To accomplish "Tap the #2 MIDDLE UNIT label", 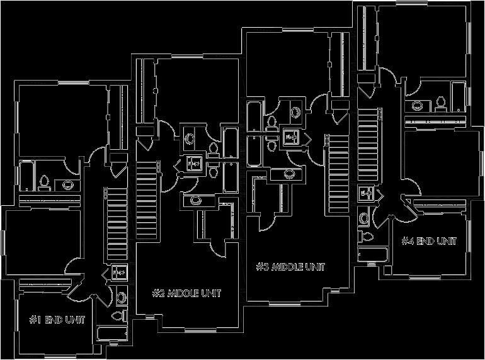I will coord(186,293).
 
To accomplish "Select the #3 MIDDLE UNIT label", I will coord(290,267).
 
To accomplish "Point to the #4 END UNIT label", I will coord(428,240).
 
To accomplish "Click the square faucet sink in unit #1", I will coord(118,273).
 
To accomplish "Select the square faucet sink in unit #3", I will coord(292,136).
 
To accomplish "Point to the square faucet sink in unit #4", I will coord(365,193).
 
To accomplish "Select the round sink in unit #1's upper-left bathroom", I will coord(67,185).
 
